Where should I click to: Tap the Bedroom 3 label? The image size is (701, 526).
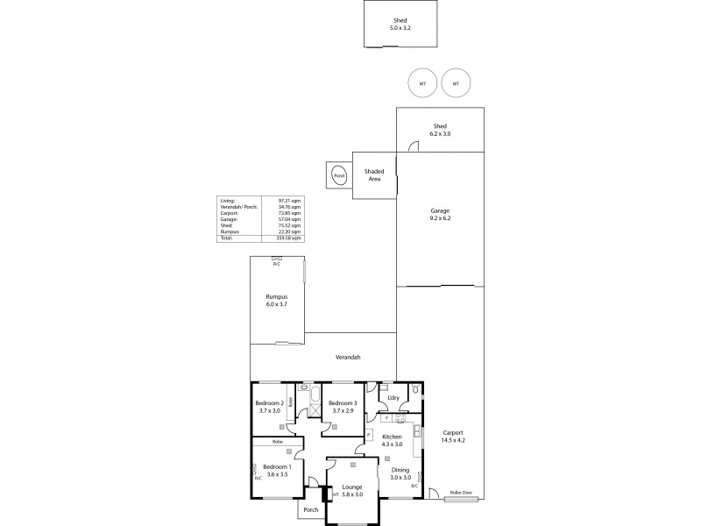click(342, 403)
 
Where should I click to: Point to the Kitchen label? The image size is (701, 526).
click(392, 437)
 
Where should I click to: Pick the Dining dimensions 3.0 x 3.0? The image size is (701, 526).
click(399, 477)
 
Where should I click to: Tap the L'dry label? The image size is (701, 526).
click(393, 398)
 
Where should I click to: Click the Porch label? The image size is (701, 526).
click(310, 510)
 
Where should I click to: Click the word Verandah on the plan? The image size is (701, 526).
click(349, 358)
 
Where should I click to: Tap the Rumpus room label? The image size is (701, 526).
click(276, 298)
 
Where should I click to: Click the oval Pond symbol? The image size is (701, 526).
click(338, 176)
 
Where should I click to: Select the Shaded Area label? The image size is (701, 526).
click(374, 174)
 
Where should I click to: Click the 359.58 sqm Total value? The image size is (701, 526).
click(290, 238)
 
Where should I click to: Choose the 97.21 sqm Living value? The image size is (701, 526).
click(290, 201)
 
